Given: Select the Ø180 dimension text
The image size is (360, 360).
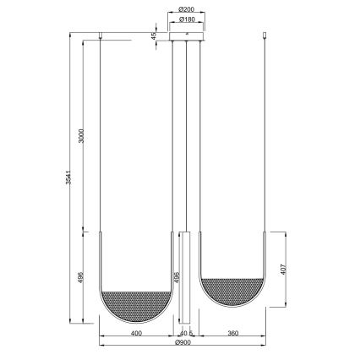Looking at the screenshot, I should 186,19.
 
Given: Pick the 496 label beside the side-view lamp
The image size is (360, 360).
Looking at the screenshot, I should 177,276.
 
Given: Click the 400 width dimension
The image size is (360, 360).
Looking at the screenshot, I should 135,334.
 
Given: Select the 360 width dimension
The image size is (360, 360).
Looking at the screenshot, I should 234,334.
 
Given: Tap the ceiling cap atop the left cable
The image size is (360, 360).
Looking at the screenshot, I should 102,35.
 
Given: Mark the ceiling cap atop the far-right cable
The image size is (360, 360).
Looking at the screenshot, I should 270,35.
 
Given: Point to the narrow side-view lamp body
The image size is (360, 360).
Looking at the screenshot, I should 185,279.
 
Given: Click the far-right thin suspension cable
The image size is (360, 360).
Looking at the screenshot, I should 270,135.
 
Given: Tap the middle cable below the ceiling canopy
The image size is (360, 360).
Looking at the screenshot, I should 186,135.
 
